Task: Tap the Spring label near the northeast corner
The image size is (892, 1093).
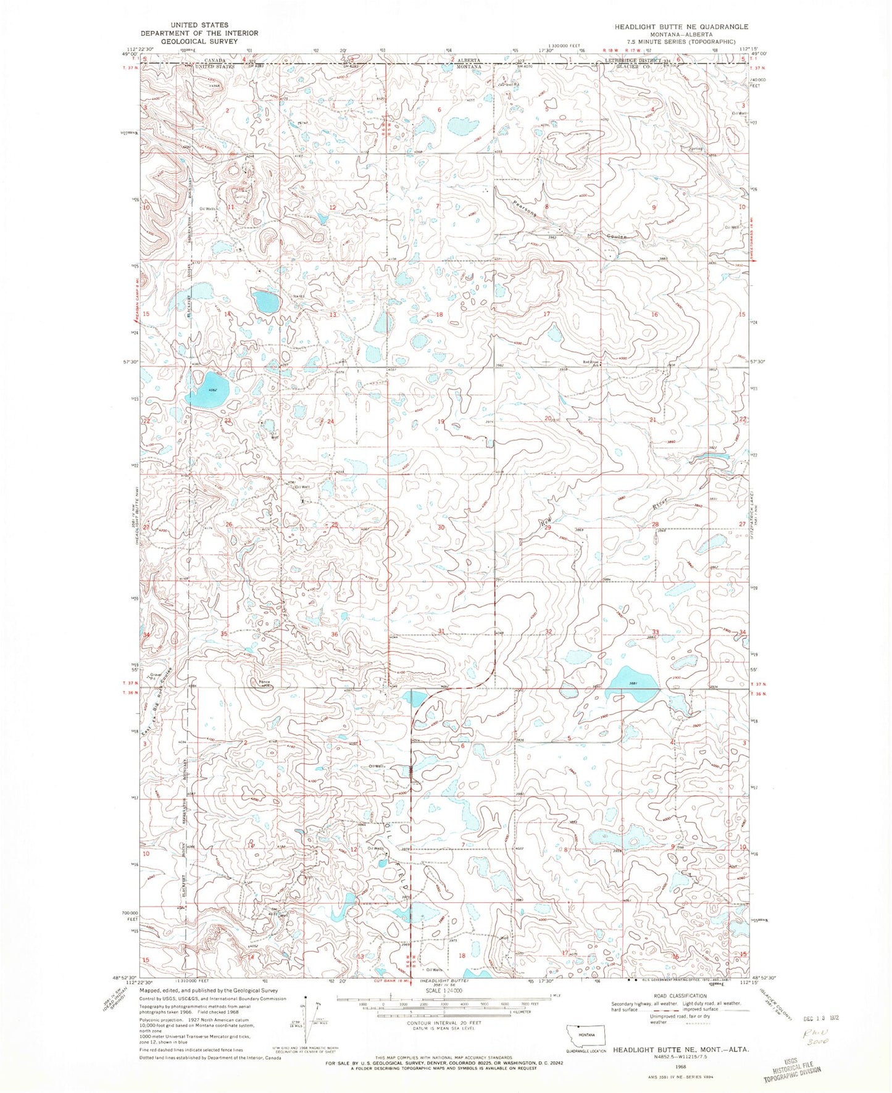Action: click(697, 149)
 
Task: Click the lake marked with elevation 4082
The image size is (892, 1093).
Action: click(209, 390)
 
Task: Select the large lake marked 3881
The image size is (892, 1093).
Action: click(632, 683)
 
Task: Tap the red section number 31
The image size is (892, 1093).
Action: click(441, 631)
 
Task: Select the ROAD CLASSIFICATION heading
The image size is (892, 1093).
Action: click(680, 996)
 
